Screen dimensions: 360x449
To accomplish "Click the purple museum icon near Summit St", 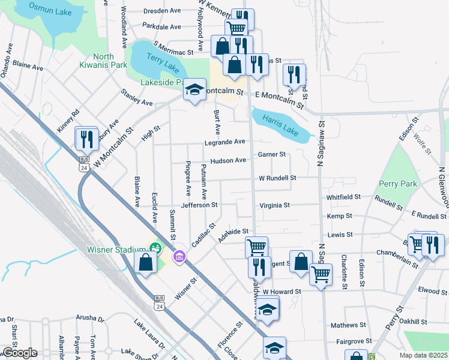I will pos(178,257).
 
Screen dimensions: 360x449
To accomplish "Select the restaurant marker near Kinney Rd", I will pos(86,139).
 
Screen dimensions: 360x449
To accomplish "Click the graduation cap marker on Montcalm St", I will pos(194,90).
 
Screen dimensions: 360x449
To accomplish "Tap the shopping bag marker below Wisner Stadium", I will pos(146,262).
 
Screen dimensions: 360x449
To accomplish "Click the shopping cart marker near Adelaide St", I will pos(256,246).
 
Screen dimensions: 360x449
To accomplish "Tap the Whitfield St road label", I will pos(343,196).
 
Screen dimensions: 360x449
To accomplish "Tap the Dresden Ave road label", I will pos(162,11).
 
